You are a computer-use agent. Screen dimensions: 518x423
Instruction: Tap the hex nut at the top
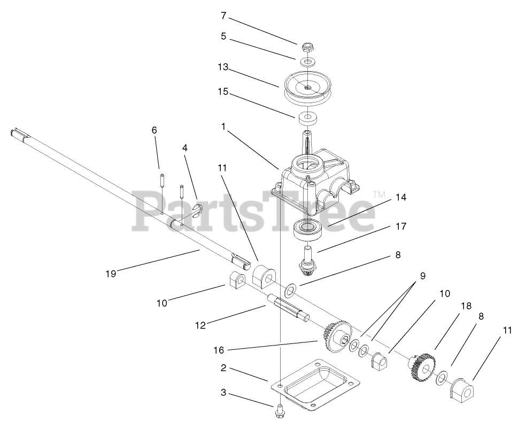coord(306,47)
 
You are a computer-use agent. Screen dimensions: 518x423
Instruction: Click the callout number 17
coord(401,226)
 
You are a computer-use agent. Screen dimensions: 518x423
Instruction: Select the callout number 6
coord(154,130)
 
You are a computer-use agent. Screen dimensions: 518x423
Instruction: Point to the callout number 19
coord(111,273)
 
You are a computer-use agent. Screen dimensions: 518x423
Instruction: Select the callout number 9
coord(422,276)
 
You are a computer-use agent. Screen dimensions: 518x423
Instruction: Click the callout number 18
coord(466,306)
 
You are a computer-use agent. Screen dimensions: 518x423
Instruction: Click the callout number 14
coord(401,198)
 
